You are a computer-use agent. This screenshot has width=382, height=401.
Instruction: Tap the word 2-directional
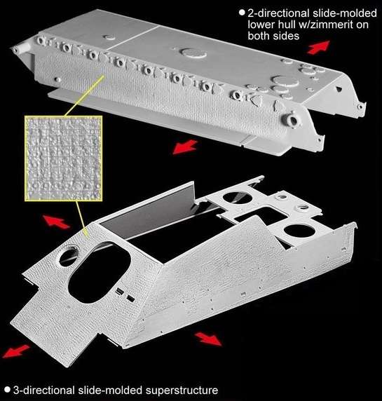[278, 13]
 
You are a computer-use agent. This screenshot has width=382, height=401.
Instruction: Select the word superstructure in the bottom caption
[182, 390]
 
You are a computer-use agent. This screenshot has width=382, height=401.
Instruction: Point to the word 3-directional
[44, 390]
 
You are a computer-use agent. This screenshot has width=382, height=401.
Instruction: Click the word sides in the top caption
[287, 36]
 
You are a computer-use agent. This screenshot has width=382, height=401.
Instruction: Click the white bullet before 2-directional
[242, 13]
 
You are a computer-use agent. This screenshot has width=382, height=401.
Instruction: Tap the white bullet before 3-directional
[8, 390]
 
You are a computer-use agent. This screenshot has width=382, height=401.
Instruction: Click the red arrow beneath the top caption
[319, 48]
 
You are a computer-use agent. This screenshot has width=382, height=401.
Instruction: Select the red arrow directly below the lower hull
[185, 147]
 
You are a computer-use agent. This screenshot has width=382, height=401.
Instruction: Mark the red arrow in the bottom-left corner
[16, 351]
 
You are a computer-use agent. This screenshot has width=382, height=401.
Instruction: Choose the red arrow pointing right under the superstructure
[208, 339]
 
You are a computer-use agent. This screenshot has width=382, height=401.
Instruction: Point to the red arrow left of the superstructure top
[56, 222]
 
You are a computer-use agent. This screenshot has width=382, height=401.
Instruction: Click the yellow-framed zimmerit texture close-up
[64, 158]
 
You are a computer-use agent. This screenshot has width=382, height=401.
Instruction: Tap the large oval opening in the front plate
[100, 272]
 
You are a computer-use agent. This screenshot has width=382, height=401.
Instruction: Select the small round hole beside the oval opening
[69, 257]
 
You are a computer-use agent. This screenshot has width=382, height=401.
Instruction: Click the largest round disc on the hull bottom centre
[193, 53]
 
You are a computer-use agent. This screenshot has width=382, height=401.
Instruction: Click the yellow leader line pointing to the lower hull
[84, 95]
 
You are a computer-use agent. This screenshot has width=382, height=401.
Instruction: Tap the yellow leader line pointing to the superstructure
[82, 219]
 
